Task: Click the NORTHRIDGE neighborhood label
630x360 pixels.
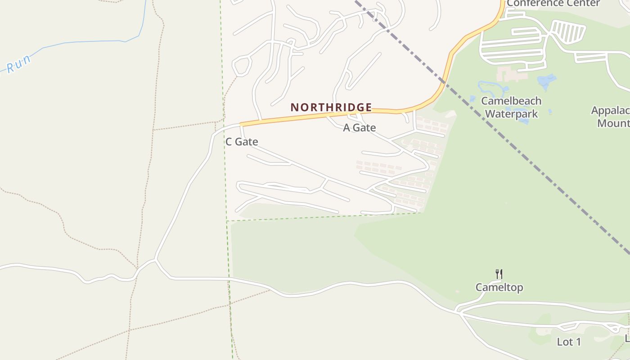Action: click(331, 107)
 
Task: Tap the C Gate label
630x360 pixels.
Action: click(242, 142)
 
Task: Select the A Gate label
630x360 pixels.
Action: click(359, 128)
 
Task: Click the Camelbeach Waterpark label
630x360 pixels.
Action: click(511, 107)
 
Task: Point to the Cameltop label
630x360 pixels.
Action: click(499, 287)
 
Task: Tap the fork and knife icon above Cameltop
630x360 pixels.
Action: click(499, 274)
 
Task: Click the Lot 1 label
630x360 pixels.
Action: click(569, 342)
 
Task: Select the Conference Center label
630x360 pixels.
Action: click(553, 3)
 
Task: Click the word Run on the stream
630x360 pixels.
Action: click(18, 64)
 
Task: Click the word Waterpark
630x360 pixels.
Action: click(511, 113)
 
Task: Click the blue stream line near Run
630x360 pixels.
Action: click(90, 42)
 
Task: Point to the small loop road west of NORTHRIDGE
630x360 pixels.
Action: click(242, 66)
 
